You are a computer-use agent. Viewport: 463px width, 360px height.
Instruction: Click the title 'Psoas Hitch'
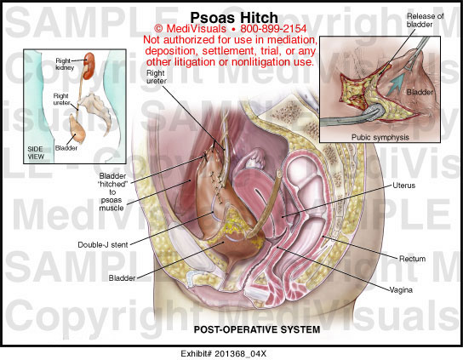point(234,18)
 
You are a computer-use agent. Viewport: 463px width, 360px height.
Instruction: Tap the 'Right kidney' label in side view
point(65,64)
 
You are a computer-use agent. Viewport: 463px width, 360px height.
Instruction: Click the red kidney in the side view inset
point(89,66)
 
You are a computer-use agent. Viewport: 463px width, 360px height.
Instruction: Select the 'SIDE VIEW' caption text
point(36,152)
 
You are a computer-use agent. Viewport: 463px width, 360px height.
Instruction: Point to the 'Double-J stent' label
point(103,245)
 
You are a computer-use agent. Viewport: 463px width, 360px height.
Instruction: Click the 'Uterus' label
point(403,186)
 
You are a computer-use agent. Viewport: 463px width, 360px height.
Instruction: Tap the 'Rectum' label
point(412,259)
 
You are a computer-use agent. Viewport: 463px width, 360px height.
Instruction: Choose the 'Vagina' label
point(401,290)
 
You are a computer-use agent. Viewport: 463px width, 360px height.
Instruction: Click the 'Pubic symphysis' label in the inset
point(380,137)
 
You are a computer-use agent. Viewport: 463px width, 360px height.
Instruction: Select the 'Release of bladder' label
point(425,20)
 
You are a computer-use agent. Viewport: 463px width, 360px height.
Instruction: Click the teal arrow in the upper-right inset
point(396,83)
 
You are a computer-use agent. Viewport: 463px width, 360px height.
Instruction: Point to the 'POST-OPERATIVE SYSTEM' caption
point(257,329)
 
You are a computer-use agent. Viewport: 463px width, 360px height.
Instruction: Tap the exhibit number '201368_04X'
point(241,354)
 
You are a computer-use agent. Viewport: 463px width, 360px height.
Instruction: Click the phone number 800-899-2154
point(273,29)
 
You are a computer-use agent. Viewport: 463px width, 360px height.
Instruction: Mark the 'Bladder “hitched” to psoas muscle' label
point(111,192)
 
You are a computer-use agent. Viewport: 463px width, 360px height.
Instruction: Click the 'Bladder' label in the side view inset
point(66,148)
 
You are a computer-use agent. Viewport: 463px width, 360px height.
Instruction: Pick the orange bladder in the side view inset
point(77,129)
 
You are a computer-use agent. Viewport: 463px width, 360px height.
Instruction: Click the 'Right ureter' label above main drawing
point(157,77)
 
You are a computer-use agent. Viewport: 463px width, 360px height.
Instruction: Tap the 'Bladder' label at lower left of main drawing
point(122,278)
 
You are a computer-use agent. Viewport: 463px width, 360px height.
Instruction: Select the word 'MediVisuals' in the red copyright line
point(197,29)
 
